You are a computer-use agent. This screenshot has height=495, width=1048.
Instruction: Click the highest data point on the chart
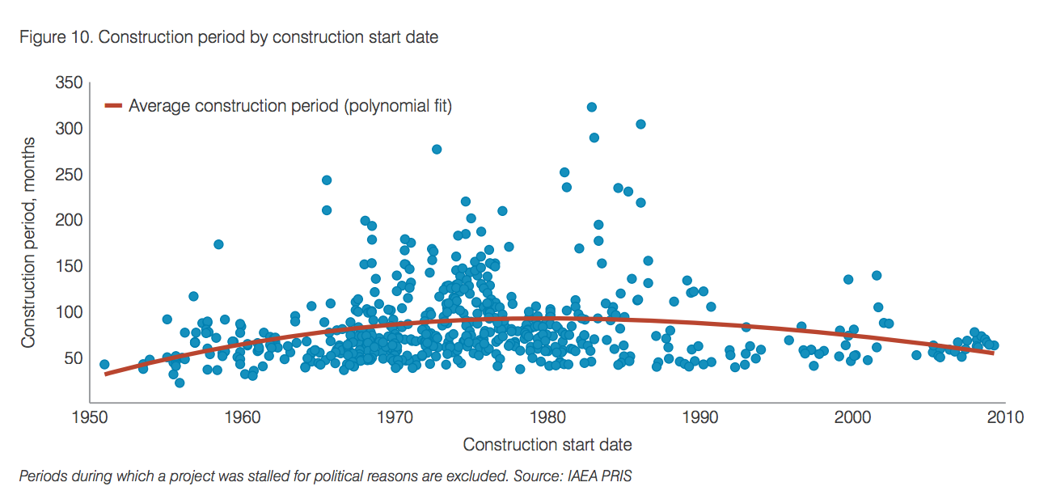coord(591,107)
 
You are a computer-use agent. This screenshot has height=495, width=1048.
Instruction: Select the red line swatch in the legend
coord(113,105)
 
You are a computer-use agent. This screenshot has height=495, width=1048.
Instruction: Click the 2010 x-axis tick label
coord(1006,418)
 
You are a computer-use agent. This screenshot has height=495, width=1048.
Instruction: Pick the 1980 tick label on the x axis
coord(547,418)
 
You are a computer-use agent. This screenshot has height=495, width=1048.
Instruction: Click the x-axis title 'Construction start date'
coord(547,444)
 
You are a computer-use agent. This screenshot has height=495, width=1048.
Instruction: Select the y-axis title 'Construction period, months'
coord(28,243)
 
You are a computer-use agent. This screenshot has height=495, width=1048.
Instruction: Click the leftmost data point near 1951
coord(104,365)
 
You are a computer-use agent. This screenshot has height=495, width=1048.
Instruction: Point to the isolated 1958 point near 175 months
coord(218,244)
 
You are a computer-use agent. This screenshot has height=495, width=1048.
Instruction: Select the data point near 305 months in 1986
coord(640,124)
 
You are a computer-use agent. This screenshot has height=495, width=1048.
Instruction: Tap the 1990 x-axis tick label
coord(700,418)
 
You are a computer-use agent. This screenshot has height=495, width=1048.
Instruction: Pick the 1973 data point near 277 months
coord(437,149)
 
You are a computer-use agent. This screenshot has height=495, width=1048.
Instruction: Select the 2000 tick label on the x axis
coord(853,418)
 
